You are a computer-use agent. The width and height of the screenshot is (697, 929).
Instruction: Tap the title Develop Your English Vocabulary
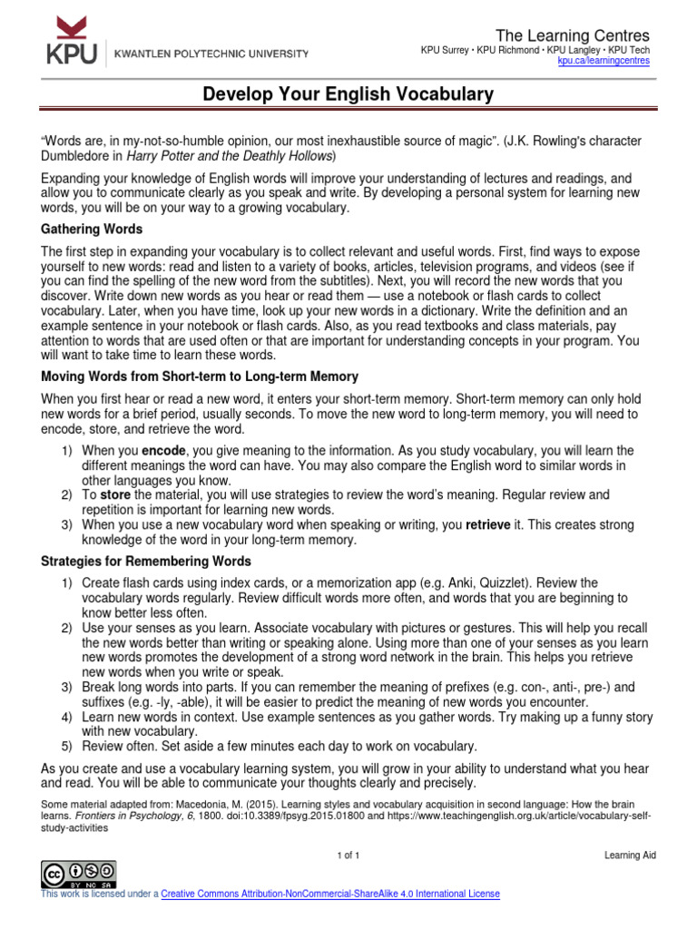(348, 94)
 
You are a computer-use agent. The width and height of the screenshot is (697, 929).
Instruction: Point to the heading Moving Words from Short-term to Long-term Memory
(200, 376)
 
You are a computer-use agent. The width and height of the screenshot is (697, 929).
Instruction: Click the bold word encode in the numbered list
(161, 451)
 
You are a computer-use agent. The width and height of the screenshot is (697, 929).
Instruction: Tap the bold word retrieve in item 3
(490, 524)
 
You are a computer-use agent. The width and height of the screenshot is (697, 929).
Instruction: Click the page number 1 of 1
(348, 856)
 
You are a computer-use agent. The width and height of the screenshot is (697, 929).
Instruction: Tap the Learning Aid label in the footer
(630, 856)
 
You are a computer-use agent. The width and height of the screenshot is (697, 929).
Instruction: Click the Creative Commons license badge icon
(77, 874)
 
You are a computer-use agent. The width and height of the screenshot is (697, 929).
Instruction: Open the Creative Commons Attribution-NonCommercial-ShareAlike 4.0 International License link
(330, 894)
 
